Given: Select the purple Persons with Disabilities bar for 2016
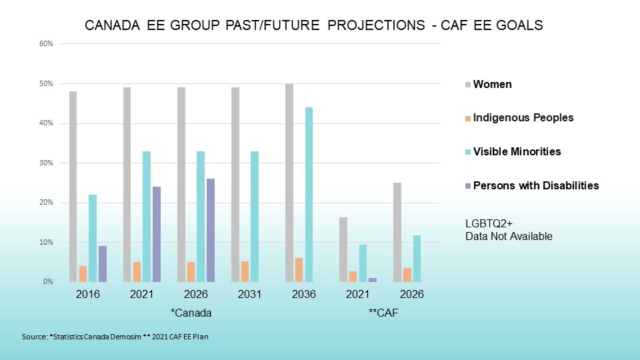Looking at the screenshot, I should [x=102, y=264].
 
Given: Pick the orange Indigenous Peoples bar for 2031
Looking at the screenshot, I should [x=245, y=271].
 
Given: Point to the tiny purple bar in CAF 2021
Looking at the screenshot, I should [x=373, y=280].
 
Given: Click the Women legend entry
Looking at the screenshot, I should [x=492, y=85].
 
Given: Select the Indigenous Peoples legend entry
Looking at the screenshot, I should [x=523, y=118].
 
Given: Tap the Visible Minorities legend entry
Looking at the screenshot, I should [x=517, y=151].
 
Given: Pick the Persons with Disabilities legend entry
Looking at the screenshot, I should [x=535, y=185].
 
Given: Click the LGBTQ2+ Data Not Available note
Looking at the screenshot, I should [x=509, y=231].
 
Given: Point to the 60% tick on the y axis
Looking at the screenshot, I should [x=47, y=44].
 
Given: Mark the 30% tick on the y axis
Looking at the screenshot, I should [x=47, y=163].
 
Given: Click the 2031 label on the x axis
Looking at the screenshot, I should [x=251, y=294].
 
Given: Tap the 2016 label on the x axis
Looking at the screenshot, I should [x=88, y=294].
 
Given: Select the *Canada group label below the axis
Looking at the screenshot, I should [x=191, y=312].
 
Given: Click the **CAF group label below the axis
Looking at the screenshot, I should [x=383, y=312].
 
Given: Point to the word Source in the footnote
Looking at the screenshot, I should [x=33, y=337].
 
